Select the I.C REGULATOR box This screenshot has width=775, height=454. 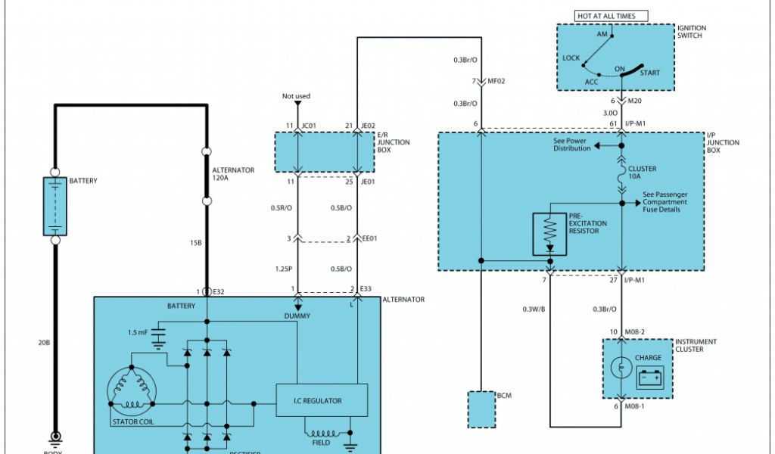click(322, 401)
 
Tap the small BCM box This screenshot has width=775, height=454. click(481, 409)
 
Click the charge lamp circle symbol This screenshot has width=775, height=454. click(621, 368)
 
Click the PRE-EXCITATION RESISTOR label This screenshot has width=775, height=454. click(588, 223)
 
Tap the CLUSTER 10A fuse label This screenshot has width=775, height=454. click(643, 173)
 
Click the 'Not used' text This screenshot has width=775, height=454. click(296, 96)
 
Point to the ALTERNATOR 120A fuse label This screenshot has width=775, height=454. click(234, 175)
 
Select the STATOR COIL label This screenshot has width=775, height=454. click(132, 421)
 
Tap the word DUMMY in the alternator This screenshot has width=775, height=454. click(297, 316)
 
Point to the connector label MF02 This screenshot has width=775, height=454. click(496, 80)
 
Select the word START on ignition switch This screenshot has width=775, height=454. click(649, 73)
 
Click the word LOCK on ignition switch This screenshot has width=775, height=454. click(571, 58)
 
